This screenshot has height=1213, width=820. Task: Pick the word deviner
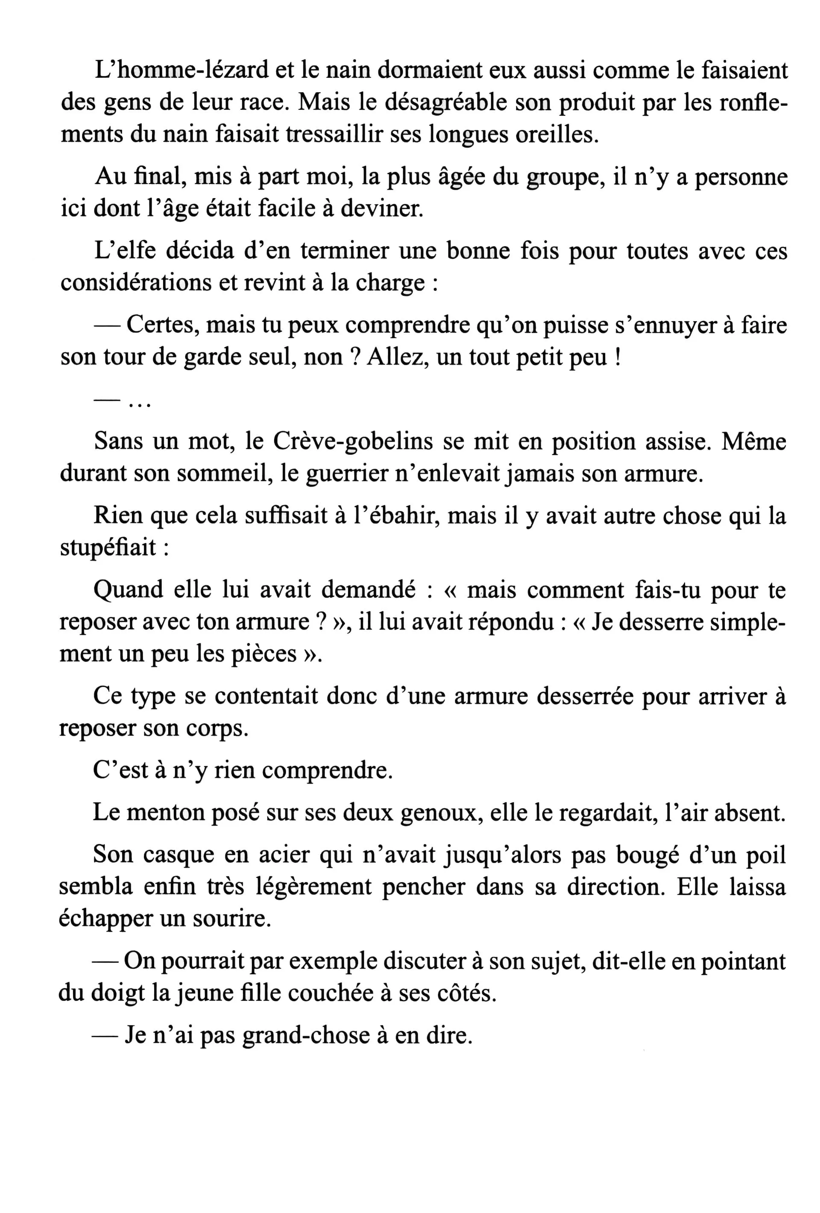381,209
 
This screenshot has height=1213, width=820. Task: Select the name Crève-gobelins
352,442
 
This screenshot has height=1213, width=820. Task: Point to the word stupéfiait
108,548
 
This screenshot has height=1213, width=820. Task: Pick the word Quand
127,590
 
